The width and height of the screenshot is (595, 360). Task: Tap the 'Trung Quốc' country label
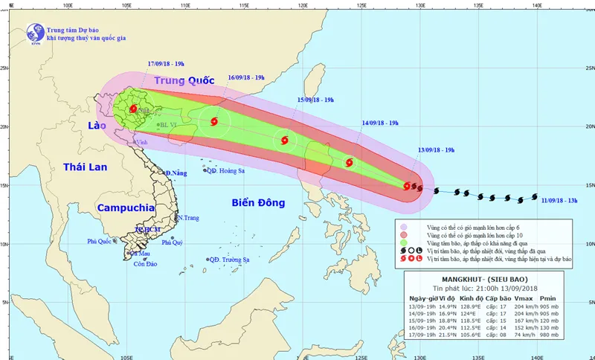(x=183, y=80)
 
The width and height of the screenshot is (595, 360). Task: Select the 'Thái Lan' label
(x=86, y=167)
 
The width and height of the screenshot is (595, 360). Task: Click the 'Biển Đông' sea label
(x=260, y=202)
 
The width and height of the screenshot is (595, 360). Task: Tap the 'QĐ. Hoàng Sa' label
(x=227, y=170)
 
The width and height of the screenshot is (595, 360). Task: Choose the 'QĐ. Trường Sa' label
(x=232, y=260)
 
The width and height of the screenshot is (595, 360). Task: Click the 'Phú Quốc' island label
(x=101, y=241)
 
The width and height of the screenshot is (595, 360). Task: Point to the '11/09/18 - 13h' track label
(x=562, y=200)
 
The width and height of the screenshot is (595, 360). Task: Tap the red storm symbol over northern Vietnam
(x=132, y=109)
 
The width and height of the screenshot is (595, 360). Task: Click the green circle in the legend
(x=404, y=243)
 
